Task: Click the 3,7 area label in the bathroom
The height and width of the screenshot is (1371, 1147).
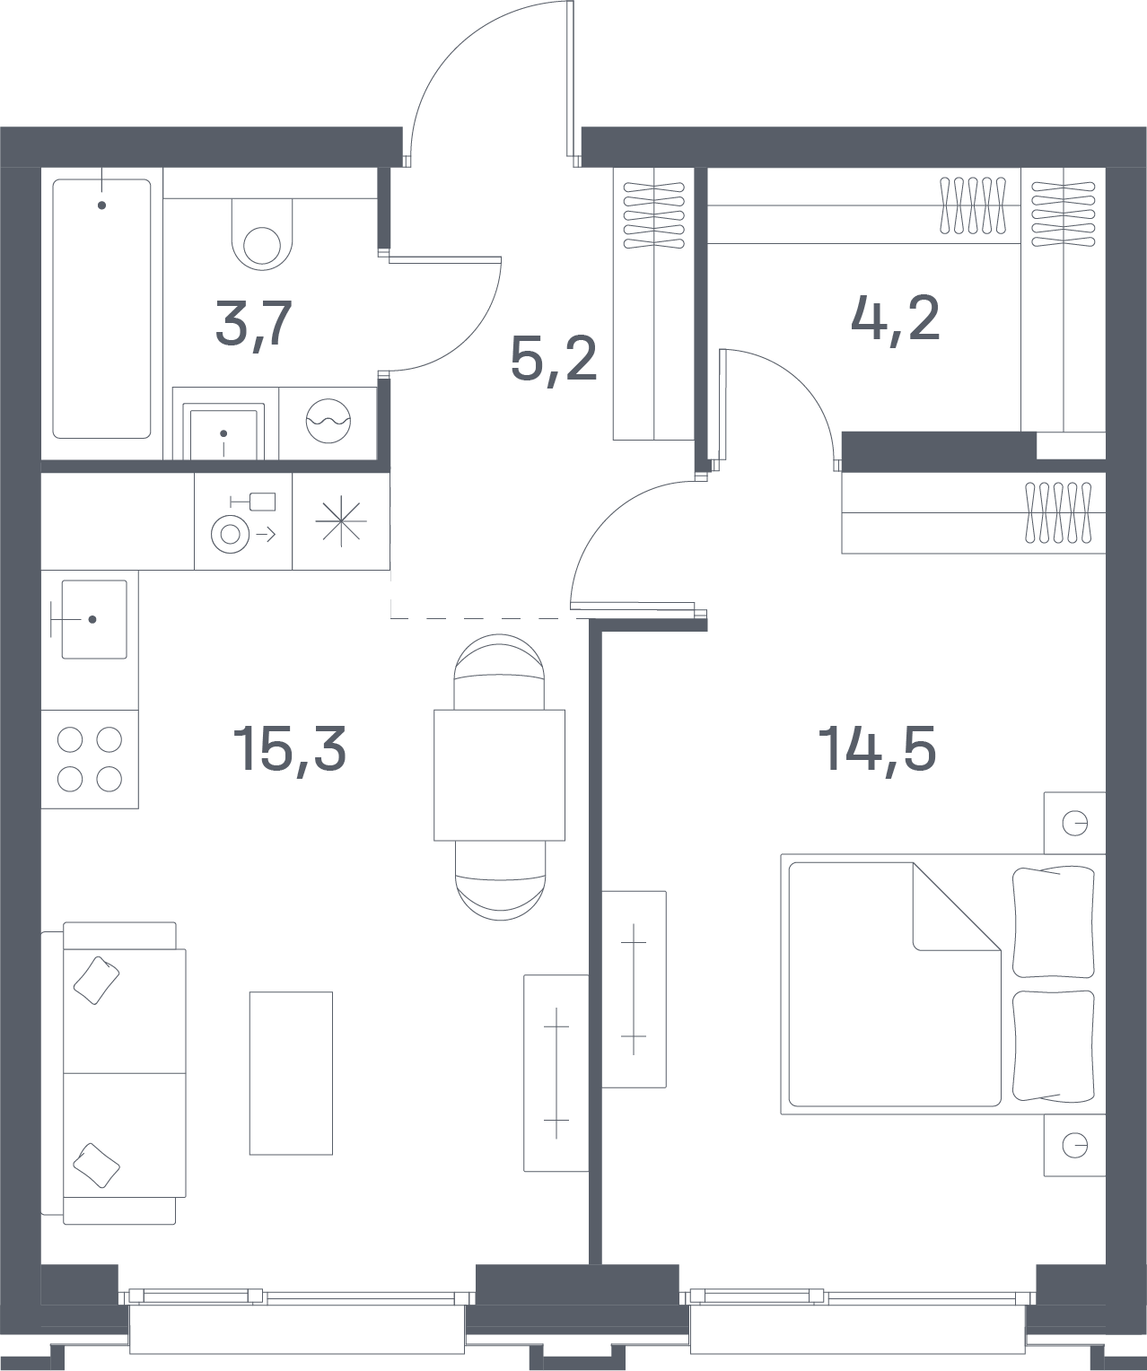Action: [x=254, y=325]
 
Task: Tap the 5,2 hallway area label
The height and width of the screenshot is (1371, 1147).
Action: [x=554, y=358]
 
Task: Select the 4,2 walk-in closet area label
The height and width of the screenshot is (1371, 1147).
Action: [x=896, y=319]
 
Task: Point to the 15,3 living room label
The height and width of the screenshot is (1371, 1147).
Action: [x=289, y=750]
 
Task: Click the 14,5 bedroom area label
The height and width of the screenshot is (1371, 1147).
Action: [x=877, y=750]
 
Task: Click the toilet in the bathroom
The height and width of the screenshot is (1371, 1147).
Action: [x=261, y=234]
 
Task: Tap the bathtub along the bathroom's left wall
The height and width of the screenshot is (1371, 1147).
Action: [x=101, y=309]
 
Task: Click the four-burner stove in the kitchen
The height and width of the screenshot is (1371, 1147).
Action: [x=90, y=759]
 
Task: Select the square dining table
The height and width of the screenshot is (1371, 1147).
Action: [x=499, y=775]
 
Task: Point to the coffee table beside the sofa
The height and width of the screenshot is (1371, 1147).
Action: [x=291, y=1073]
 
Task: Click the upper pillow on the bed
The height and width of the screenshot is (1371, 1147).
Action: [x=1054, y=921]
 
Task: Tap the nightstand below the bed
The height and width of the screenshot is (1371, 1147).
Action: [x=1074, y=1145]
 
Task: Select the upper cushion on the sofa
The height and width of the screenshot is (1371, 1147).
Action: [x=97, y=981]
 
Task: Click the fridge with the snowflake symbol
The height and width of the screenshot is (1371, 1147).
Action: [x=341, y=521]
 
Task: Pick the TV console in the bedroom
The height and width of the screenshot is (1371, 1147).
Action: [x=634, y=989]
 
